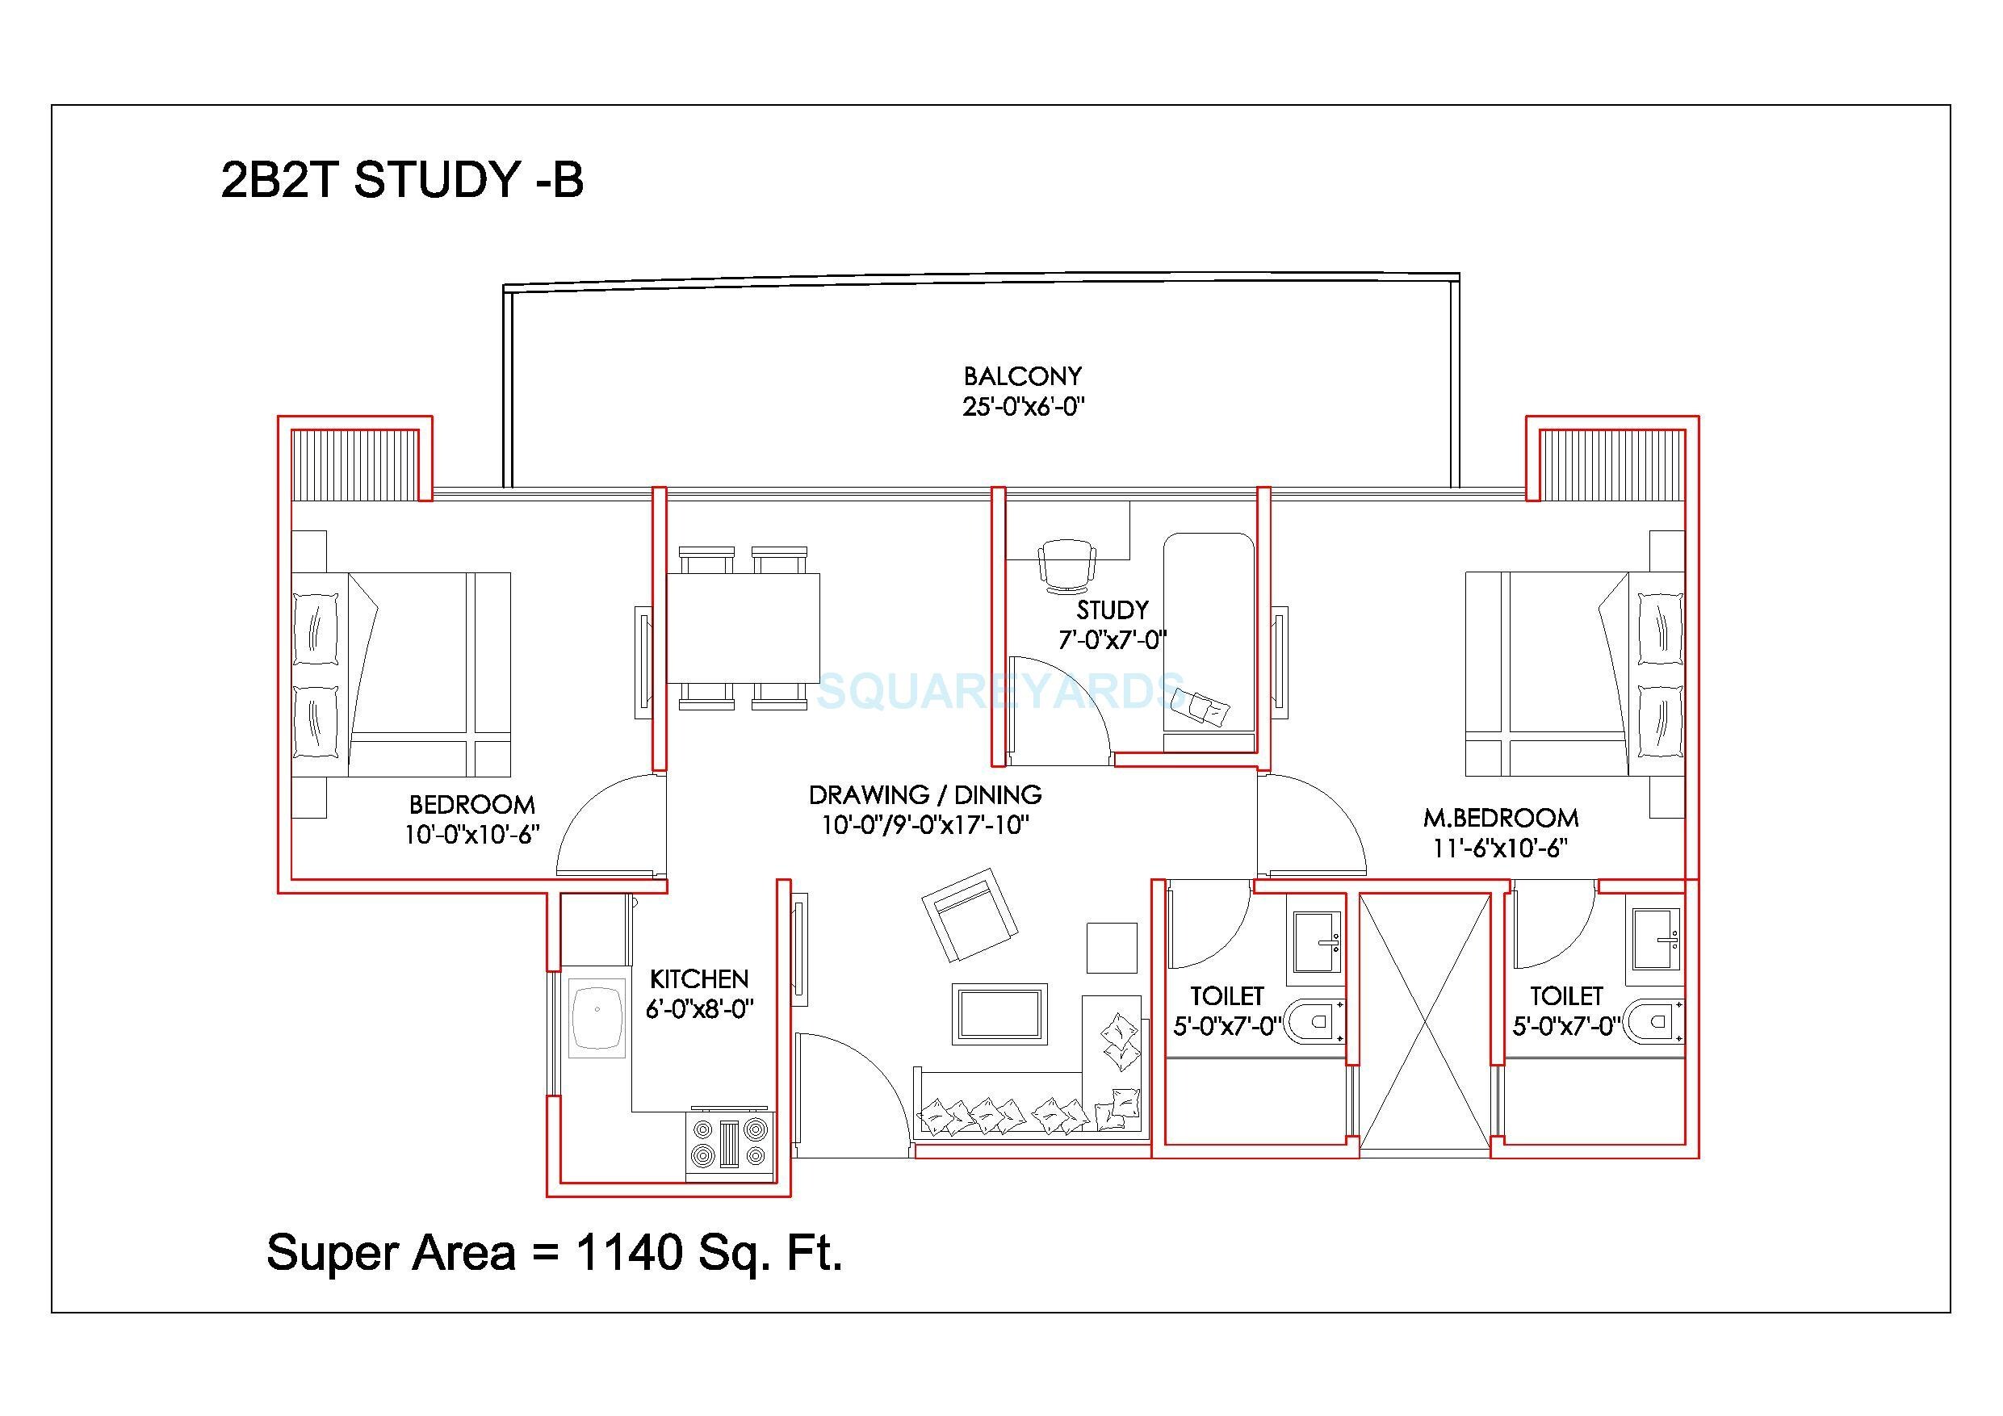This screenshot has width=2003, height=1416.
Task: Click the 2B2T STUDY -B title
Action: point(402,181)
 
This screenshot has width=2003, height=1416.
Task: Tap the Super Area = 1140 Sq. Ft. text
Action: point(554,1253)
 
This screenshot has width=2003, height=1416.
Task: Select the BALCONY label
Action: point(1022,376)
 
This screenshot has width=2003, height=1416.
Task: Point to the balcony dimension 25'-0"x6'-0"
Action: point(1022,407)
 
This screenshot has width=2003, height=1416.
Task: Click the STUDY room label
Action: point(1112,609)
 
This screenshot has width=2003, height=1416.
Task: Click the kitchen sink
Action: point(597,1016)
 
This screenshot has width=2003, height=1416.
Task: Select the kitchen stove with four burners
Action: point(729,1144)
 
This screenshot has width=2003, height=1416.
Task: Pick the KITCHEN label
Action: point(699,979)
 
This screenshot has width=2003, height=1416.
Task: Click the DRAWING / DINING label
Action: point(924,795)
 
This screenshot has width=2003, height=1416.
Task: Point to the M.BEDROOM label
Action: point(1501,818)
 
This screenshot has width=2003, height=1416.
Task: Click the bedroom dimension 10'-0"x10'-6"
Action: point(471,835)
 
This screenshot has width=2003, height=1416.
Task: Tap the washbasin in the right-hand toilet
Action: point(1656,941)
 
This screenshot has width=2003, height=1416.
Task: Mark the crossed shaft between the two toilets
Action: point(1425,1020)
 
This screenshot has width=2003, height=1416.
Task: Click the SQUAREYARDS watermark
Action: point(999,691)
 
